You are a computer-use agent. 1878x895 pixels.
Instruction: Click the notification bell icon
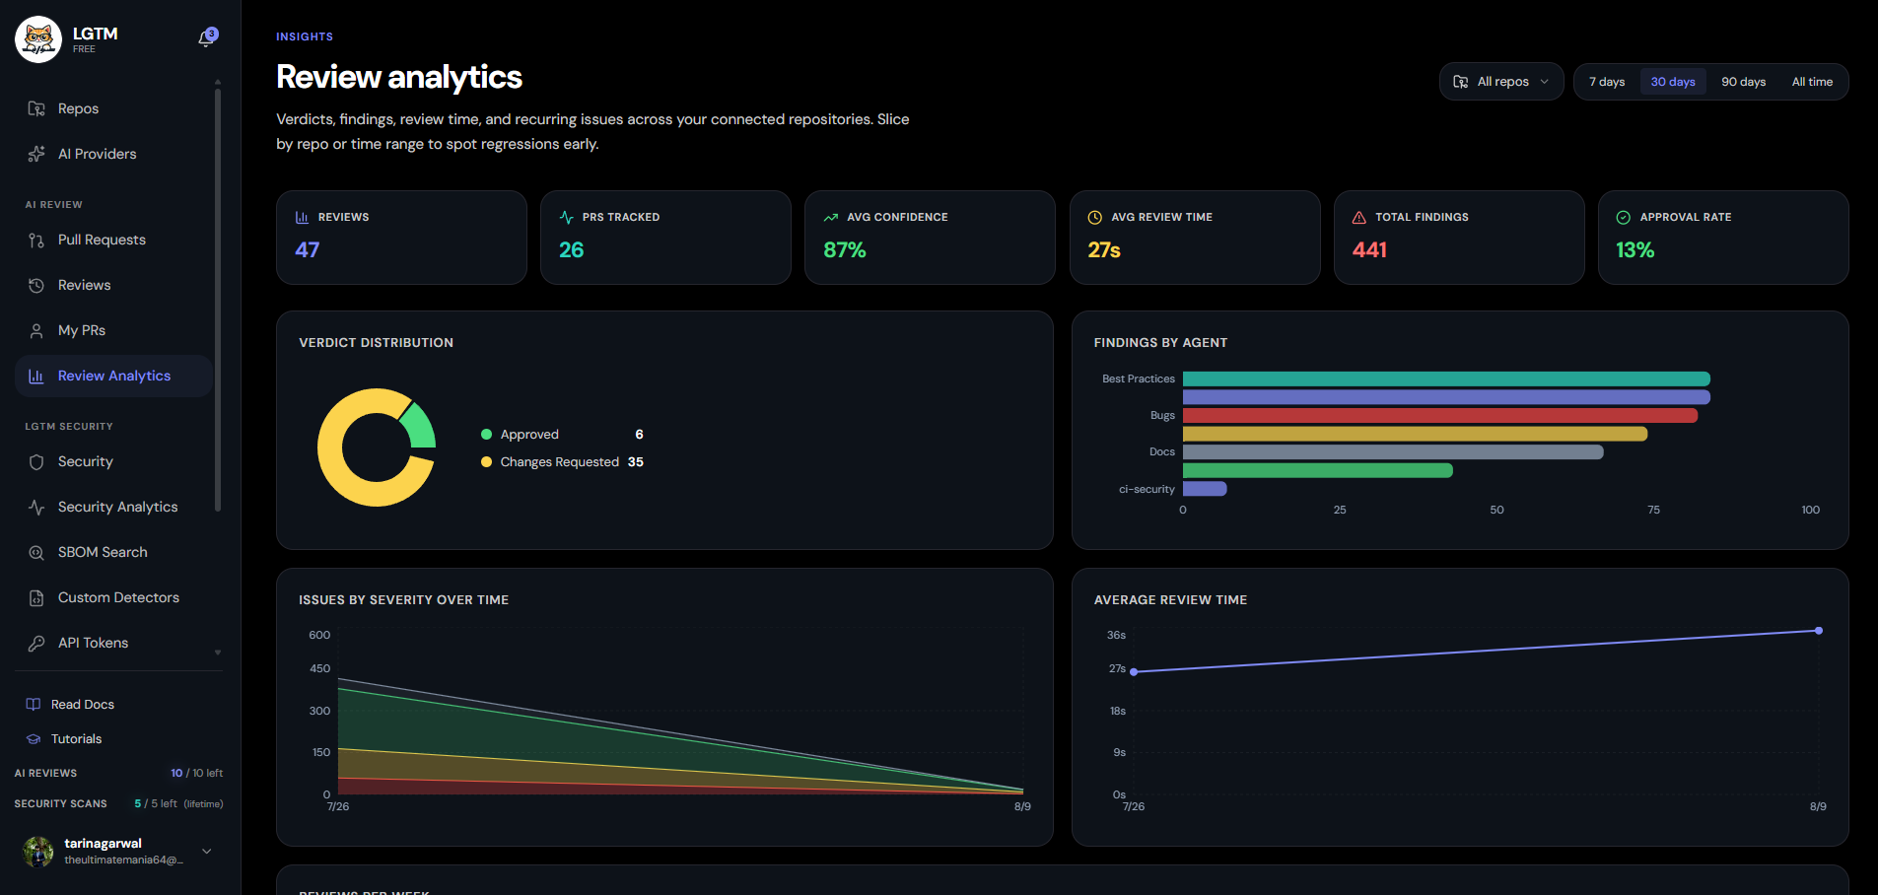tap(207, 37)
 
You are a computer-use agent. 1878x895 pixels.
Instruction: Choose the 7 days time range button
tap(1607, 82)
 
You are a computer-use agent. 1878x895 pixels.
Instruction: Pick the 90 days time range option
tap(1743, 82)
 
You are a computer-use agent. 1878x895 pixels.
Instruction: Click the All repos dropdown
tap(1501, 82)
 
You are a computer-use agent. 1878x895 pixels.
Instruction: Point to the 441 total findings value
tap(1369, 250)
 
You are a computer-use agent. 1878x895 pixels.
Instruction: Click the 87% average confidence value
tap(845, 250)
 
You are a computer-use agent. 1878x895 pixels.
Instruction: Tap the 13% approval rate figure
tap(1635, 250)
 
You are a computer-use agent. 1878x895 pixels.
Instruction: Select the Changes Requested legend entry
tap(562, 462)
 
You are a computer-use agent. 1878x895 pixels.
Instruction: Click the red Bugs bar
tap(1440, 416)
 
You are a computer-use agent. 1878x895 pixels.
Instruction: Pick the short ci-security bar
tap(1205, 489)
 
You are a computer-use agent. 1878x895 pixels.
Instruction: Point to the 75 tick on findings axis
tap(1653, 510)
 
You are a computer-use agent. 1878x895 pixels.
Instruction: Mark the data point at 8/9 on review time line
tap(1819, 631)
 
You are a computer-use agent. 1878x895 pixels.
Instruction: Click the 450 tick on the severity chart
tap(319, 668)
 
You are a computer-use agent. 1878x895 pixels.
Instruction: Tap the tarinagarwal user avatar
tap(38, 852)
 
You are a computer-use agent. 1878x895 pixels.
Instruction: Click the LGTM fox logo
tap(38, 39)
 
